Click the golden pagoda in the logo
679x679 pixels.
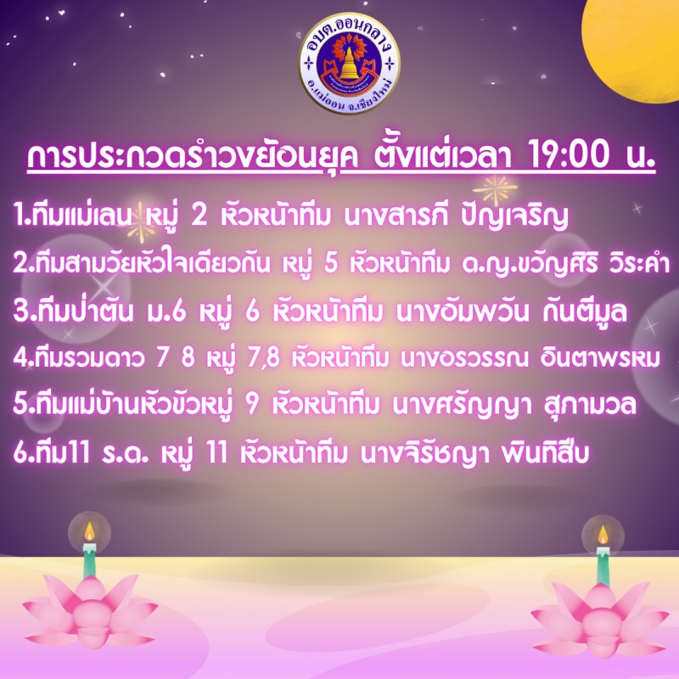pos(349,65)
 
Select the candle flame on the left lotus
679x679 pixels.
pos(89,531)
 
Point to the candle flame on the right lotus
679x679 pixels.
pos(603,535)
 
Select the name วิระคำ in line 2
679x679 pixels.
pos(640,264)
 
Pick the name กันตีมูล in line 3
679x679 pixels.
pos(585,311)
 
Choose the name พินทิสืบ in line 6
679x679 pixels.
pos(545,453)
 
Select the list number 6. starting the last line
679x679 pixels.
pos(24,453)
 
